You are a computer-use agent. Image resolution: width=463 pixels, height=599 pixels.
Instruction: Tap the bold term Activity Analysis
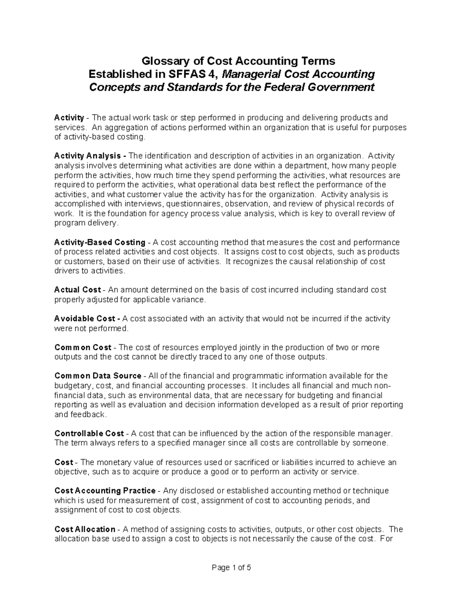87,156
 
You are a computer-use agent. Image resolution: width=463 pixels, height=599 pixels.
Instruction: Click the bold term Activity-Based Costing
100,243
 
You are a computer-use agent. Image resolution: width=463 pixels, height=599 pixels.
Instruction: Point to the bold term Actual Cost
78,290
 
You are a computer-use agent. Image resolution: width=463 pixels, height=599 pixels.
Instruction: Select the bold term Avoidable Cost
84,319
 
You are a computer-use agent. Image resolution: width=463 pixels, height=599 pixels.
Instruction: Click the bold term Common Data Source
98,376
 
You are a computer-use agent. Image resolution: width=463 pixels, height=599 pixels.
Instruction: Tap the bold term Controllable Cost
89,434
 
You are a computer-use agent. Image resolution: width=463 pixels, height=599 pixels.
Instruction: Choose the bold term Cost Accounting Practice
105,491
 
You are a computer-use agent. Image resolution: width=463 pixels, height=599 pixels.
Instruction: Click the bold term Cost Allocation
85,529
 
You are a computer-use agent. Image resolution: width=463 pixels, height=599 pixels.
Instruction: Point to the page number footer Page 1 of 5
231,568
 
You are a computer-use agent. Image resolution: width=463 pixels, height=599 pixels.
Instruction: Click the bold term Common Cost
83,348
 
